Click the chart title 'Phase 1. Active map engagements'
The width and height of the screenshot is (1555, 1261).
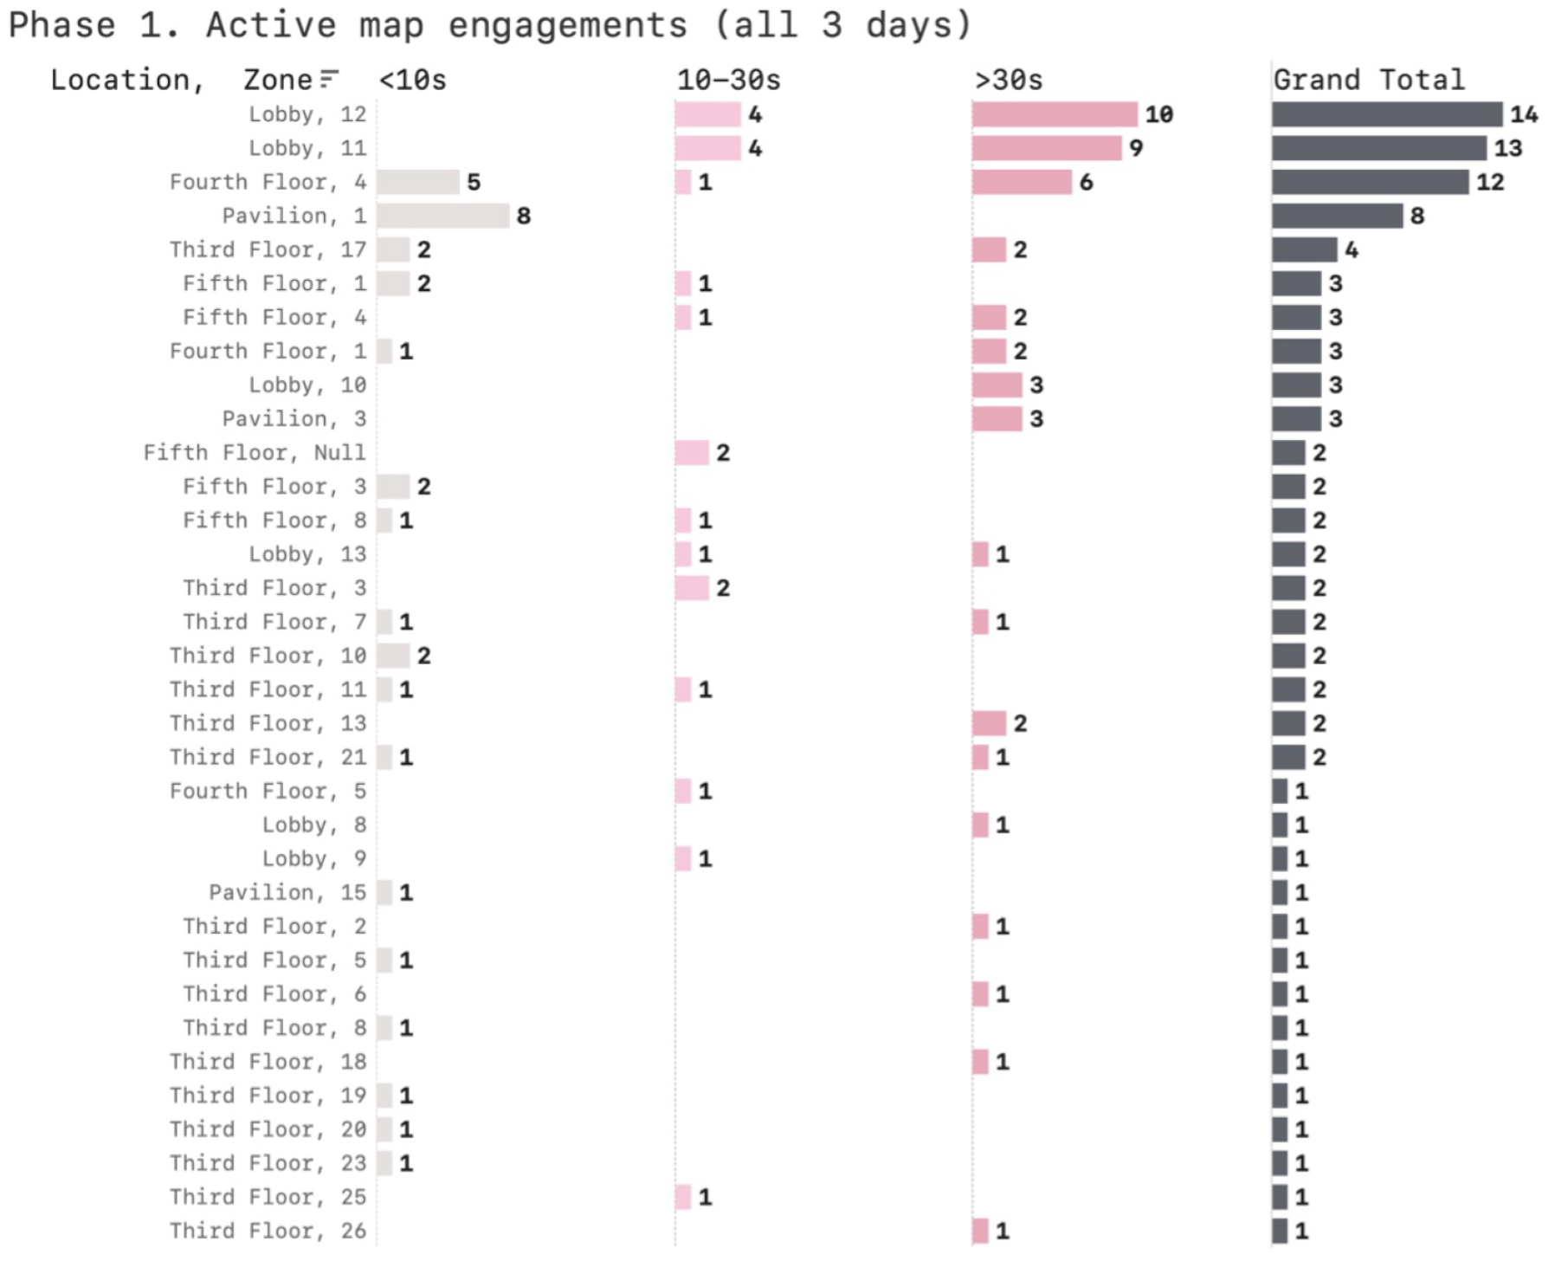[x=490, y=24]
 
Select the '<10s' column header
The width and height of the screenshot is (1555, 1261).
[x=412, y=81]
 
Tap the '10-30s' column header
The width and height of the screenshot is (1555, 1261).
[x=728, y=81]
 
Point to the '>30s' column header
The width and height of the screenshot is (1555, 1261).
[x=1009, y=81]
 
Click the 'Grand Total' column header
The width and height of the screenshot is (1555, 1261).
[x=1369, y=81]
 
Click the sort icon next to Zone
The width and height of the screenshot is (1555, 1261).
[x=328, y=80]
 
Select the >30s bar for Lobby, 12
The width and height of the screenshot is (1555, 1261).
[x=1055, y=114]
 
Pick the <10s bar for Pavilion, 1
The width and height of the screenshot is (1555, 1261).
[x=443, y=216]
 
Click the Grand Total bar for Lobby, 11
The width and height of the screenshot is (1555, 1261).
[x=1379, y=148]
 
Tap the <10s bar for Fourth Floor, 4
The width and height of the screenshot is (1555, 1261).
[x=418, y=182]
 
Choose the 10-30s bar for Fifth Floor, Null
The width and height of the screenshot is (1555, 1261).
[x=692, y=452]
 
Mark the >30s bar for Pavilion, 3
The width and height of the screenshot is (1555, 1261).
[x=997, y=419]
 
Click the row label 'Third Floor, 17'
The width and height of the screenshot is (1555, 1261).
[x=268, y=249]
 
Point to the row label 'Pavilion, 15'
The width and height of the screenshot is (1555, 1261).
[x=287, y=892]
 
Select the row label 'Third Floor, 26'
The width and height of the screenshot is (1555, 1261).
[x=268, y=1231]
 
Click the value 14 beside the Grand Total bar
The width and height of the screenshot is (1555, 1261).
[x=1524, y=114]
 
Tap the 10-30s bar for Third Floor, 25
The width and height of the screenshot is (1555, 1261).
[x=683, y=1197]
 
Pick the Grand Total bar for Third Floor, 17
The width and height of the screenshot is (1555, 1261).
[x=1305, y=249]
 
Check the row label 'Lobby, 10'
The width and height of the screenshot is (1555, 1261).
[x=307, y=385]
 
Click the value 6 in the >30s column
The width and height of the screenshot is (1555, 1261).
[x=1086, y=182]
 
